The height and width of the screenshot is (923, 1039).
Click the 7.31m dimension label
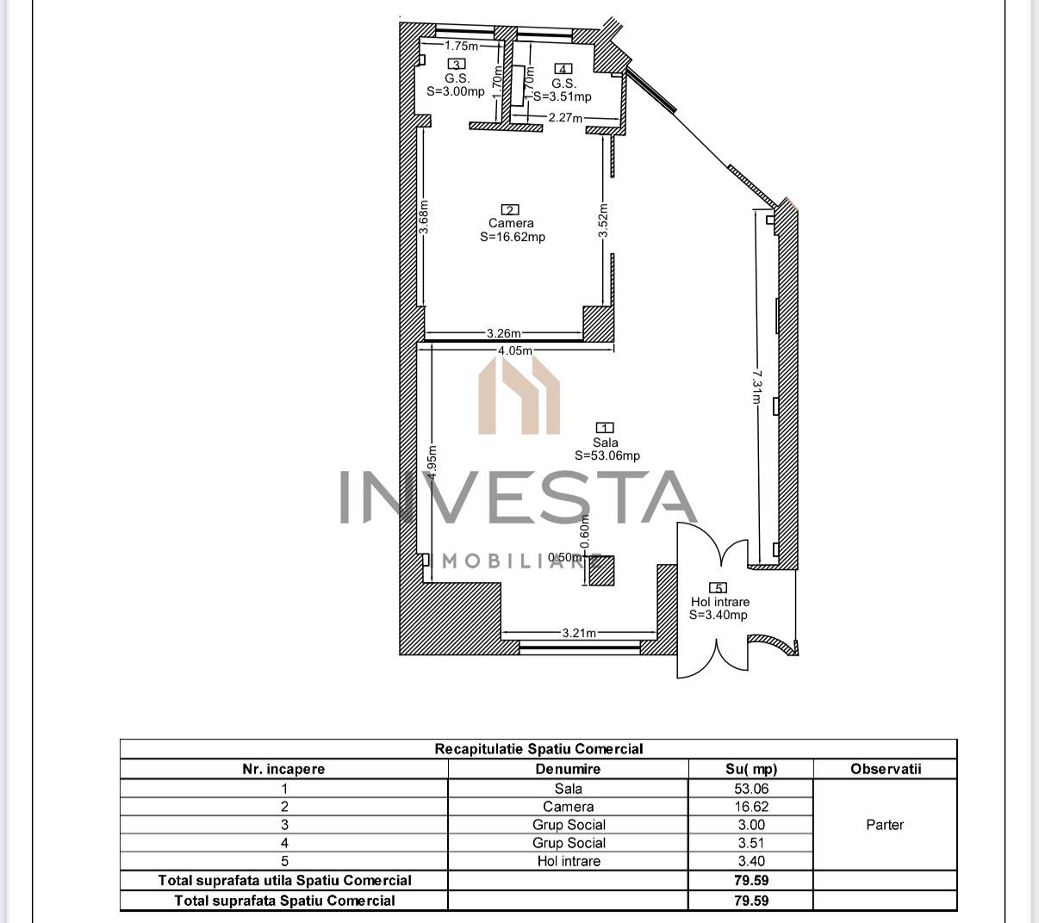tap(756, 387)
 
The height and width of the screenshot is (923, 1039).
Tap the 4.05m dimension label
tap(514, 350)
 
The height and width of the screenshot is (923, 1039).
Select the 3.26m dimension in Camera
tap(503, 333)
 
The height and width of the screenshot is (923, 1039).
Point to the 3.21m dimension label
tap(579, 633)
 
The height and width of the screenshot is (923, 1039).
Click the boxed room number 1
tap(606, 428)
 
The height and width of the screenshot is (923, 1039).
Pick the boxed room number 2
tap(510, 209)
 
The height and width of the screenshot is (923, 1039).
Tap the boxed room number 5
tap(719, 588)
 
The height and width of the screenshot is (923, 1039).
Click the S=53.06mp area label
tap(607, 456)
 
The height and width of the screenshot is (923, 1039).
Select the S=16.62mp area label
tap(513, 238)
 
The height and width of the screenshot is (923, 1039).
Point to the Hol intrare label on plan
tap(719, 602)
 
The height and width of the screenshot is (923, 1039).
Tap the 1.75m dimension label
tap(462, 46)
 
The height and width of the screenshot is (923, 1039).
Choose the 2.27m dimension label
tap(566, 118)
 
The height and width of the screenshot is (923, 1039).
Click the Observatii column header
tap(885, 769)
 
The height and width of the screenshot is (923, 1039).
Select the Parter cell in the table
tap(885, 825)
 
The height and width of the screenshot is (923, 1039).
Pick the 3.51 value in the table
tap(750, 843)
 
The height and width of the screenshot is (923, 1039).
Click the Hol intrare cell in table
tap(568, 861)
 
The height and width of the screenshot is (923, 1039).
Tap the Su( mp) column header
tap(750, 769)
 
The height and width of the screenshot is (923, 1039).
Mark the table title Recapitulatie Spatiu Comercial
tap(538, 749)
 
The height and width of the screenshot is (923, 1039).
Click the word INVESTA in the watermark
tap(517, 498)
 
